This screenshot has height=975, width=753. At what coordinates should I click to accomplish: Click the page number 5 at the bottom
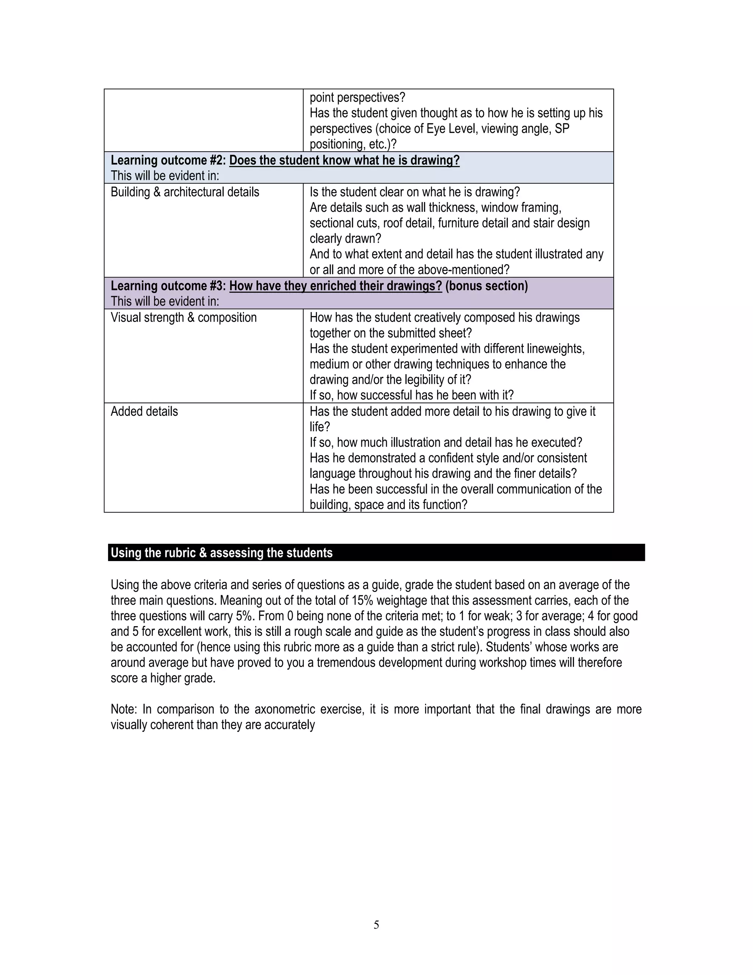[376, 925]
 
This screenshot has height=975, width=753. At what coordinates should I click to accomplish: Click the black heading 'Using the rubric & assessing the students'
[221, 553]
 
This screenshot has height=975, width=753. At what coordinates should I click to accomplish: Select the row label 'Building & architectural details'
[185, 192]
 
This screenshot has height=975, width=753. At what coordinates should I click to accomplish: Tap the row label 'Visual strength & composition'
[183, 318]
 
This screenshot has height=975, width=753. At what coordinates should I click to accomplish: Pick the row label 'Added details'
[144, 411]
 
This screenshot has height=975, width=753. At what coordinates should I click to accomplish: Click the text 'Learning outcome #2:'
[168, 160]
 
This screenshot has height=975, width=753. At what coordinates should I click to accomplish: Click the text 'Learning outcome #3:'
[168, 286]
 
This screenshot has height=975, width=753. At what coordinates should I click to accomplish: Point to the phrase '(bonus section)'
[486, 286]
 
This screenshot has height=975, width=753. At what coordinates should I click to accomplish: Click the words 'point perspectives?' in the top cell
[357, 97]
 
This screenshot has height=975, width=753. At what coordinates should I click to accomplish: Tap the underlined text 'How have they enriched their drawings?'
[335, 286]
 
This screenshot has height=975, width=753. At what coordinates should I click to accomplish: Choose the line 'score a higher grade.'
[163, 678]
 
